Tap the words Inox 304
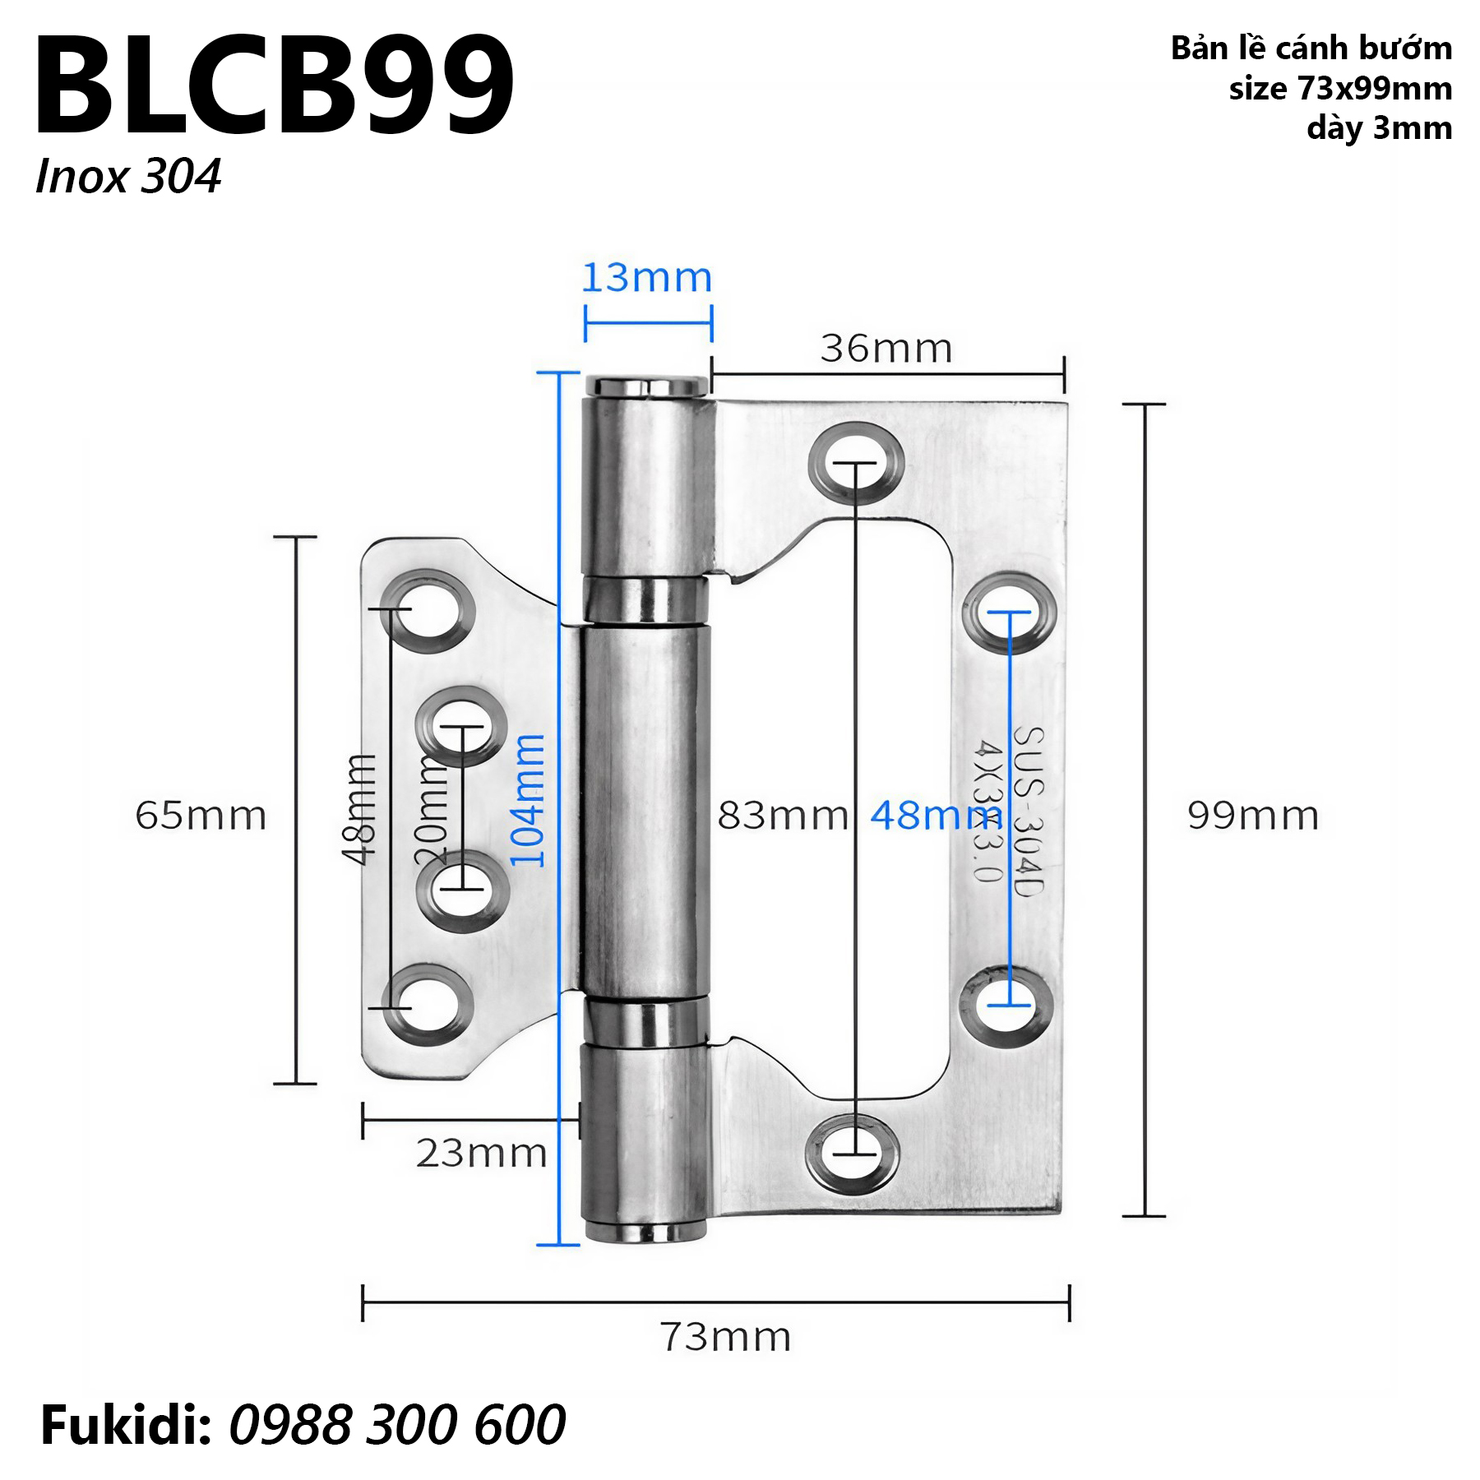tap(128, 177)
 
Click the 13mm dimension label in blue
tap(646, 278)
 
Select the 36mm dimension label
tap(886, 349)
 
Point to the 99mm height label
tap(1253, 816)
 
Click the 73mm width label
tap(726, 1338)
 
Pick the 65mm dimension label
tap(201, 816)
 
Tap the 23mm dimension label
tap(481, 1154)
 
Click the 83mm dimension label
tap(783, 816)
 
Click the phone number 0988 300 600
tap(397, 1425)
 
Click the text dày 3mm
tap(1379, 128)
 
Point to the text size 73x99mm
tap(1340, 89)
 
